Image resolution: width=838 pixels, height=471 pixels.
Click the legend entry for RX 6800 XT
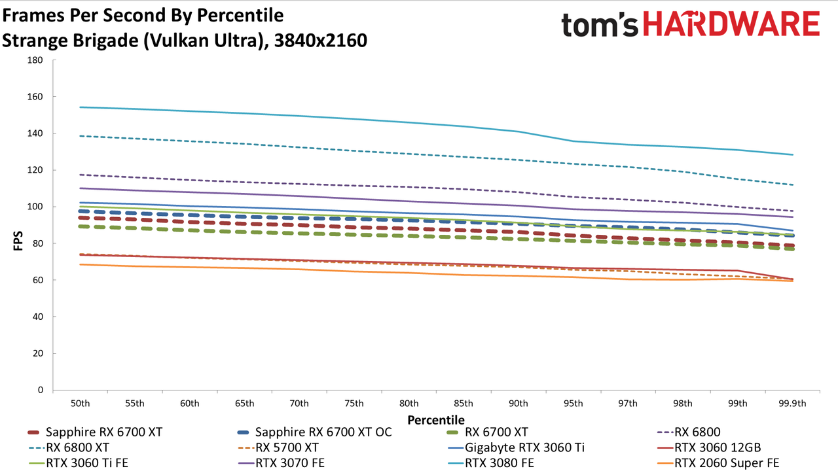[69, 447]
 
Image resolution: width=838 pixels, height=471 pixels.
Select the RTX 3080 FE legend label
[491, 462]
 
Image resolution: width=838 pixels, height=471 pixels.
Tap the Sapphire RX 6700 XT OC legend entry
[315, 432]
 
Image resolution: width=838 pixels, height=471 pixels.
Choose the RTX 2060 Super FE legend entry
[718, 462]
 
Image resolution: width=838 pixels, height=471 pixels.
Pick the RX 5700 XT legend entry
[278, 447]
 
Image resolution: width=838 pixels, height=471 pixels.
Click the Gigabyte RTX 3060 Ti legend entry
[516, 447]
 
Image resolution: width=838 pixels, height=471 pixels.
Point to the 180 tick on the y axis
[35, 60]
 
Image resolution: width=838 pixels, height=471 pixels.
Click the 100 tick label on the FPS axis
[35, 207]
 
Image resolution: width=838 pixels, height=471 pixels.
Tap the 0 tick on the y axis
[41, 390]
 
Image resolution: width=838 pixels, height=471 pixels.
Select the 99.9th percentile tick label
[792, 404]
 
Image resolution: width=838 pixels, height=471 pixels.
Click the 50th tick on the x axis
[80, 404]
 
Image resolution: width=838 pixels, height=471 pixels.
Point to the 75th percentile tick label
[354, 404]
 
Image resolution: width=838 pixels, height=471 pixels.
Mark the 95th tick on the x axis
[573, 404]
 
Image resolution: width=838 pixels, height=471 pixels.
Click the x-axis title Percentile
[436, 420]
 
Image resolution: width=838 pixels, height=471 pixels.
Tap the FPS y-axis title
[18, 241]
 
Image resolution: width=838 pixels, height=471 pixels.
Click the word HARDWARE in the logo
[731, 24]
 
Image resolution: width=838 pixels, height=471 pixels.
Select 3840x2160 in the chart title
[321, 41]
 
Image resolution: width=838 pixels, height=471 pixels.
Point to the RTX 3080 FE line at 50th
[80, 107]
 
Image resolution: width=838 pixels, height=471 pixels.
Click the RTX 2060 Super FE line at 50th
[80, 265]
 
